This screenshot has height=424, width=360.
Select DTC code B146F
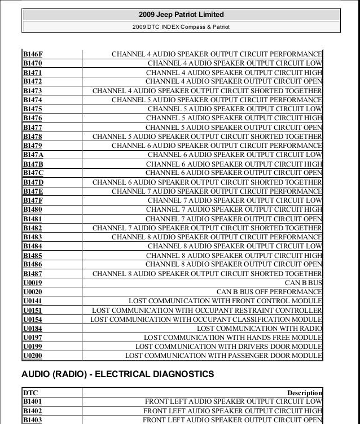(33, 54)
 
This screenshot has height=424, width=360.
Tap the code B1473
(33, 90)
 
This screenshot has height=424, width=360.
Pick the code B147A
(33, 155)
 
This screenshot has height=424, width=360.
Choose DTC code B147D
(33, 182)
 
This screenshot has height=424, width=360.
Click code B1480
(33, 209)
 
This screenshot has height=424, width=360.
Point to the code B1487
(33, 274)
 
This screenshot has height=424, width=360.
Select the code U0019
(33, 283)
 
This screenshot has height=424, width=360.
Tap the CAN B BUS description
(303, 283)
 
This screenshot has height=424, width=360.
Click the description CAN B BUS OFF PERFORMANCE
(269, 292)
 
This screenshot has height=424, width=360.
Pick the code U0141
(33, 301)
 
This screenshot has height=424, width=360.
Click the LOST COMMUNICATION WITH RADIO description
(259, 329)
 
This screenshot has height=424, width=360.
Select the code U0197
(33, 338)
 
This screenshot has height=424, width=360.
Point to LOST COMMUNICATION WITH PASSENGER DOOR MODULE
(223, 356)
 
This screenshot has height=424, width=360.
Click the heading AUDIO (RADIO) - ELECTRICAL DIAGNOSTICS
(117, 374)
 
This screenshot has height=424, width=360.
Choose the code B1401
(33, 401)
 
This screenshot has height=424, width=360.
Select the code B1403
(33, 420)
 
